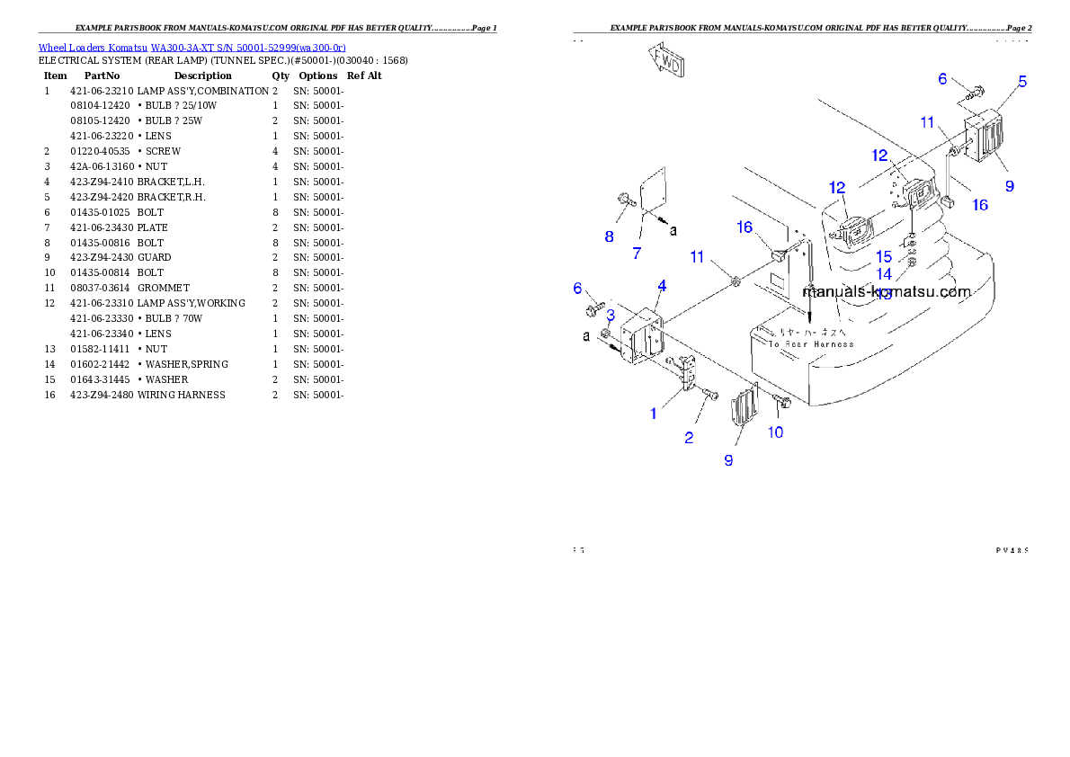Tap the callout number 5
1021,82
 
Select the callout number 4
662,286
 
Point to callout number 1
654,414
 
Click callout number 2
689,438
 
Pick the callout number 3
610,315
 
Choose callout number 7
637,254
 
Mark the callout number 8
610,237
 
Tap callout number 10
775,432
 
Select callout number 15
884,257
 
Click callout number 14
884,274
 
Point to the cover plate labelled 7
651,193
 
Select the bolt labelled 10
780,403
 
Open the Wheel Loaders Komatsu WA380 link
192,47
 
